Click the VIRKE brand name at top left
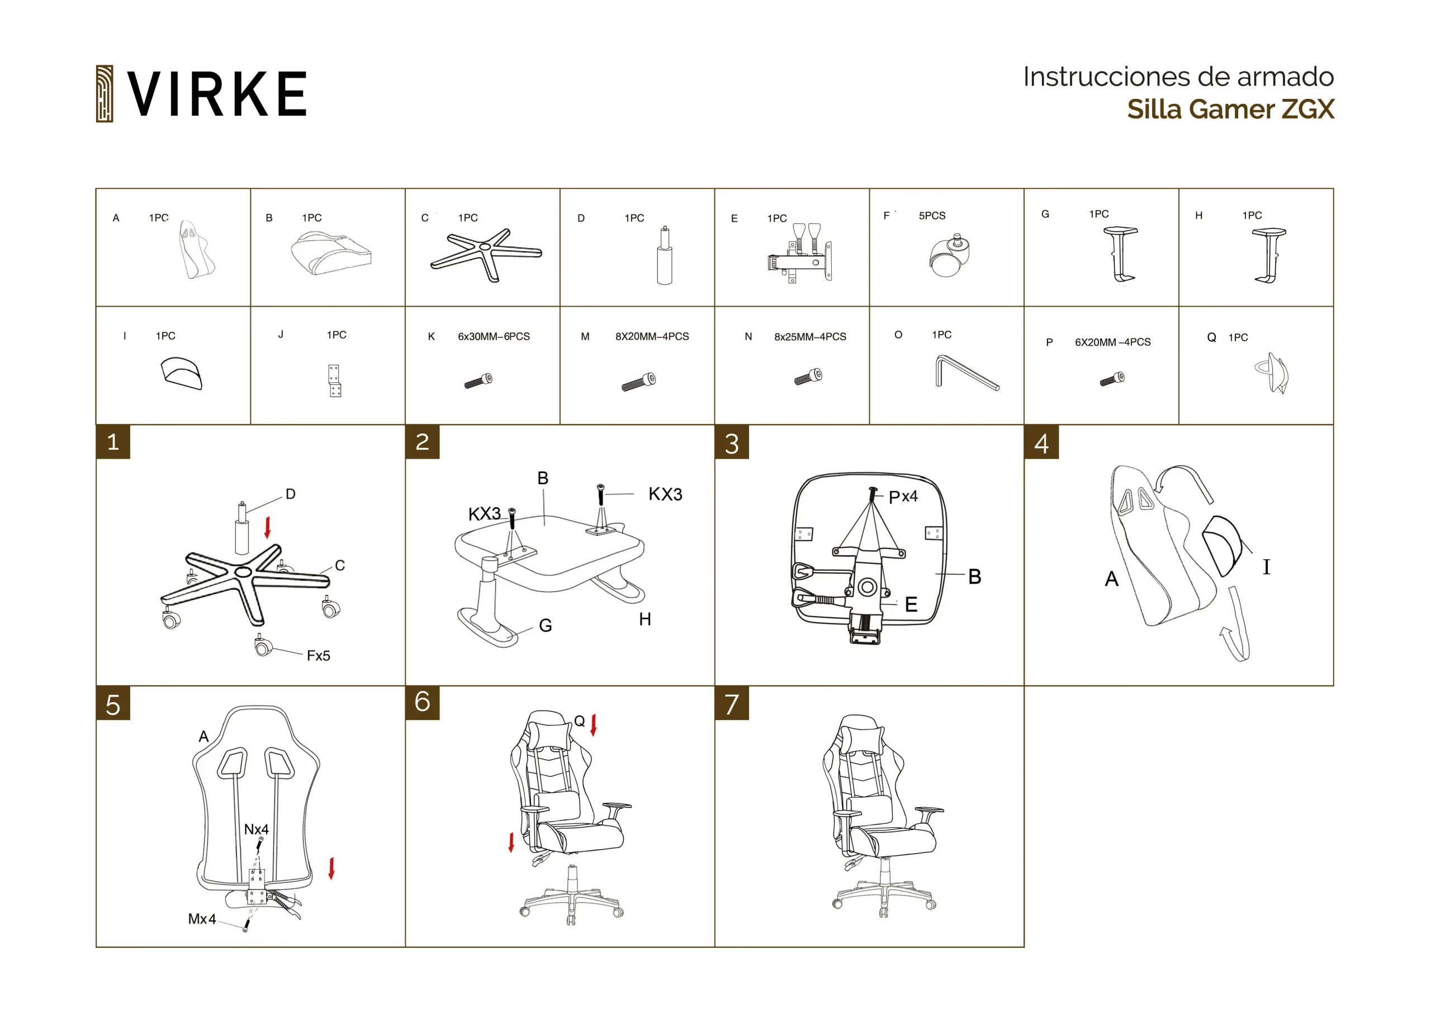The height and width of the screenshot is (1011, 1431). pos(217,93)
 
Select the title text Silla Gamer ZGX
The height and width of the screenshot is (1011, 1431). pos(1230,109)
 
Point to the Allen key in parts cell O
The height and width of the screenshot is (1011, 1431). pos(966,373)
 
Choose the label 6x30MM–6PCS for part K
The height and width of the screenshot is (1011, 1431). pos(494,336)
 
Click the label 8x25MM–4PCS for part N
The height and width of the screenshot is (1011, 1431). pos(810,336)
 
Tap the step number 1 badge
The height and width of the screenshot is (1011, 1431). pos(113,442)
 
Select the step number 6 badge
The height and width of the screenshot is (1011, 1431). pos(422,703)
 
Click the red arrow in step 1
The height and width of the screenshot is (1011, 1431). pos(268,527)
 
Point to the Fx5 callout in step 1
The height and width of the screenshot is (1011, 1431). pos(318,655)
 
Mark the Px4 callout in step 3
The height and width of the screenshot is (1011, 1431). pos(903,497)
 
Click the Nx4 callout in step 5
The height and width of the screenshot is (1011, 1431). pos(256,829)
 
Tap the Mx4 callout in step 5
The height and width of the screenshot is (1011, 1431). pos(202,919)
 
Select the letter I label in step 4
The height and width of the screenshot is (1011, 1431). pos(1267,566)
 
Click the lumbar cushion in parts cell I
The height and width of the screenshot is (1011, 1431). pos(181,373)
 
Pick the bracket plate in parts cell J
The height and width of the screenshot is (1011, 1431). pos(335,380)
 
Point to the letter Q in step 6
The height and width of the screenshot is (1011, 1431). pos(579,721)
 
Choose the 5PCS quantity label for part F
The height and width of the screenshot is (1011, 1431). pos(932,216)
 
